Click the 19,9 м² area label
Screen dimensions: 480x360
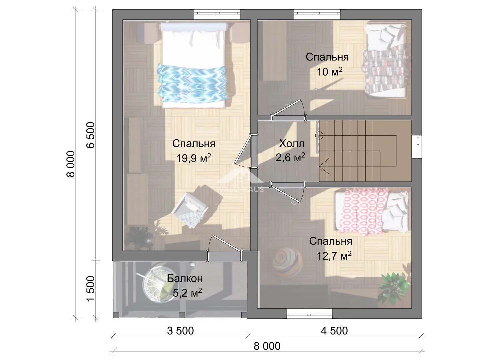pos(194,158)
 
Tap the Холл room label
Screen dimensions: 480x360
pos(291,144)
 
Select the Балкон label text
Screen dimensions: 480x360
pos(185,278)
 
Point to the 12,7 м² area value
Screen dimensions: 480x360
pos(334,256)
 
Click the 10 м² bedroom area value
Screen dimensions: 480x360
pos(329,71)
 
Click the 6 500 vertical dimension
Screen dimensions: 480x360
pos(91,135)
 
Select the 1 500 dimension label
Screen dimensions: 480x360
pos(91,289)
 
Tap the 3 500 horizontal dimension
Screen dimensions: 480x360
pos(180,331)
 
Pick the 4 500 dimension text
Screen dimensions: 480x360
pos(334,331)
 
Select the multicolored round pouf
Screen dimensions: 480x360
pos(288,262)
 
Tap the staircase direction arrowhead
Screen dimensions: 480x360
pos(324,166)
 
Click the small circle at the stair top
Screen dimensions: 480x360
pos(319,136)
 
